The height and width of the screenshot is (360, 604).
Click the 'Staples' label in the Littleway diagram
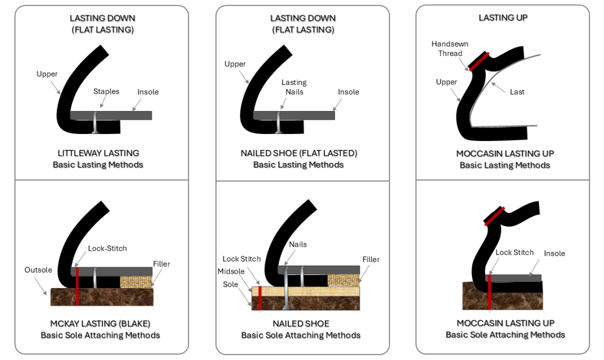pyautogui.click(x=106, y=91)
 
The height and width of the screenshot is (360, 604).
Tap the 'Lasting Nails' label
pyautogui.click(x=293, y=87)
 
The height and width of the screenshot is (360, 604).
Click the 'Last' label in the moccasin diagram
pyautogui.click(x=517, y=91)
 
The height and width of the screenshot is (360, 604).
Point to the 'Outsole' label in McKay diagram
pyautogui.click(x=38, y=270)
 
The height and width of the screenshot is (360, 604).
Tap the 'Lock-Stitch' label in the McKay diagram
pyautogui.click(x=107, y=248)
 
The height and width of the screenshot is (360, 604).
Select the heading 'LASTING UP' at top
pyautogui.click(x=503, y=18)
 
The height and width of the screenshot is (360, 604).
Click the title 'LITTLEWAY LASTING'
pyautogui.click(x=98, y=153)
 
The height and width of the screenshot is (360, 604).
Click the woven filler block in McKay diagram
pyautogui.click(x=136, y=282)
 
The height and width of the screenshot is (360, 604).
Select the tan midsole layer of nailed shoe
pyautogui.click(x=307, y=291)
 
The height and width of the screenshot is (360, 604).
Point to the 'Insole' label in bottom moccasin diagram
pyautogui.click(x=554, y=253)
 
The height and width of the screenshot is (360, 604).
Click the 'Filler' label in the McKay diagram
pyautogui.click(x=162, y=264)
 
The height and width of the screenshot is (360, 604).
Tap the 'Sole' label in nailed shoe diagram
pyautogui.click(x=231, y=284)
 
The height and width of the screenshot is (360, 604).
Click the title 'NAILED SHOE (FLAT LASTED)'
pyautogui.click(x=298, y=153)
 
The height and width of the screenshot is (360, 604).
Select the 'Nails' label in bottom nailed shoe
pyautogui.click(x=298, y=244)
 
